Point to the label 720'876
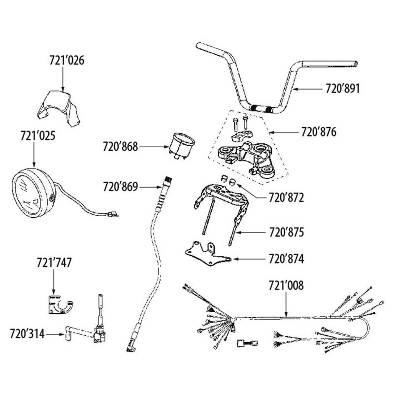tap(320, 132)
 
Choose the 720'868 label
tap(121, 146)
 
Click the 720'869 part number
tap(121, 187)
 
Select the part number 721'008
tap(286, 285)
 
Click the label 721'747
tap(54, 263)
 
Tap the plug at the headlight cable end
tap(113, 214)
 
